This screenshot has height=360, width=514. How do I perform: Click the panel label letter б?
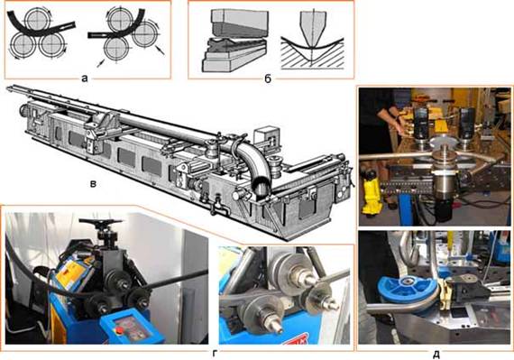268,78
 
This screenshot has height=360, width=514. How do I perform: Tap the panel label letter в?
94,184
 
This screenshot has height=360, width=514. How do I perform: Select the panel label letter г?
215,354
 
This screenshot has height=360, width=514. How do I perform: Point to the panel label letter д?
436,354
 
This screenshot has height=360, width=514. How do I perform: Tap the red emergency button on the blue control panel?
120,330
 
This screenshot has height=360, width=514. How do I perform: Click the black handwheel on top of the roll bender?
100,223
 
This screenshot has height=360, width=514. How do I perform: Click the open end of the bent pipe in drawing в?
262,186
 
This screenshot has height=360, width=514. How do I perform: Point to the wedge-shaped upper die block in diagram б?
240,22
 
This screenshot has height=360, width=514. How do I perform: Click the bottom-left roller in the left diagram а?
23,45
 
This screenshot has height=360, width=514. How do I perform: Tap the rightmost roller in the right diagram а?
145,34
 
